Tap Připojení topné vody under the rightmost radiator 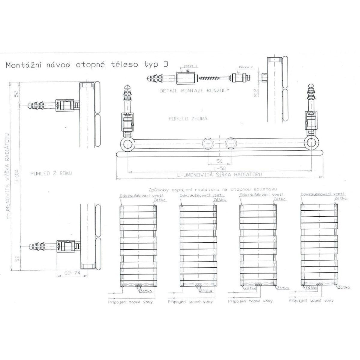tap(311, 300)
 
